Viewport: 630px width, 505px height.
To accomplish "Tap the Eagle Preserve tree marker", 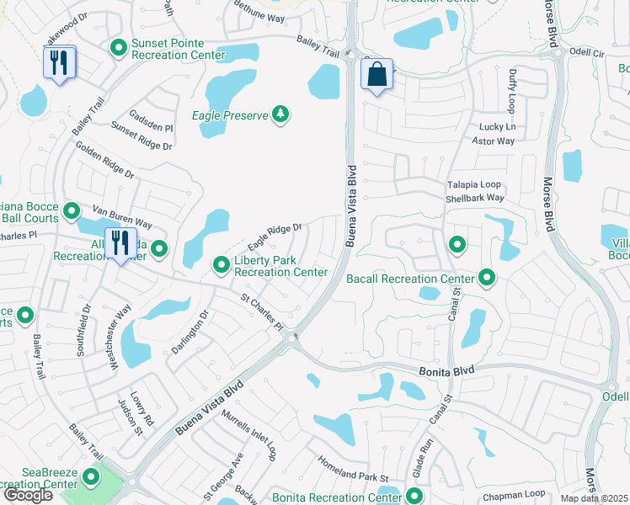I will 280,114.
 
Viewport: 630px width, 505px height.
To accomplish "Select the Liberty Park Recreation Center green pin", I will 222,265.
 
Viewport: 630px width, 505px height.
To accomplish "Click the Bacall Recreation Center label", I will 410,279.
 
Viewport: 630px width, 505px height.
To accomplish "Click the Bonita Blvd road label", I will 446,370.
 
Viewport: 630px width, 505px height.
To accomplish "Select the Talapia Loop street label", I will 472,184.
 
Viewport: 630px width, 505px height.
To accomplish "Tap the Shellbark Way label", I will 474,198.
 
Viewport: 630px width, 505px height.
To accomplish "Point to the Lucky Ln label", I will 497,127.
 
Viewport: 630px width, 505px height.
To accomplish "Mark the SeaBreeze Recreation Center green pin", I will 90,479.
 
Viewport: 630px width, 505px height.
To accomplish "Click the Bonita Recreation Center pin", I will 414,495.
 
